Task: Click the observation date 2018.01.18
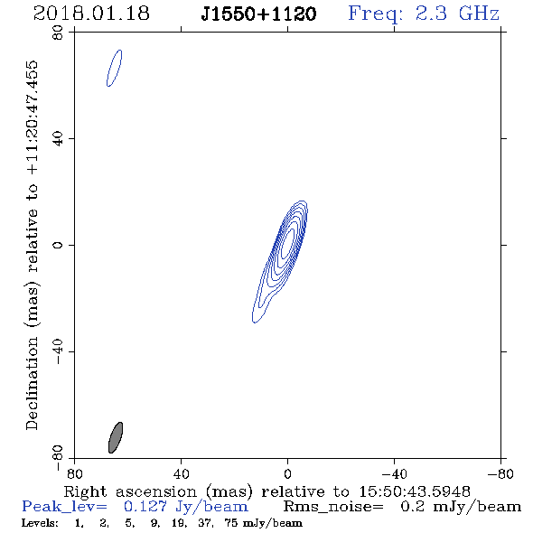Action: pos(91,14)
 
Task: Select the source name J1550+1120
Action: pos(258,14)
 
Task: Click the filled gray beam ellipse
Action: pos(116,437)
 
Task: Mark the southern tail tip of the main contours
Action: pos(254,322)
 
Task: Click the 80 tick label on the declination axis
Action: pos(58,33)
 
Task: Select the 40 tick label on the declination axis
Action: pos(58,139)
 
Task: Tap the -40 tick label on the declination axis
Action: pos(58,351)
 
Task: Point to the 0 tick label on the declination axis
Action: pos(58,245)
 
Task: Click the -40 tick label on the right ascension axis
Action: pos(394,473)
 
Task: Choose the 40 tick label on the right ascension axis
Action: pos(181,473)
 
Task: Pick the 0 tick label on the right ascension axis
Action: pos(287,473)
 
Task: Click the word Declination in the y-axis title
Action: pos(32,383)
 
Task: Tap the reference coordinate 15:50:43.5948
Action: pos(415,491)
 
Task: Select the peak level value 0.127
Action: pos(145,507)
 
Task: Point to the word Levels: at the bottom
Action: pos(40,523)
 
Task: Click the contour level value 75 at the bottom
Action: pos(231,523)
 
